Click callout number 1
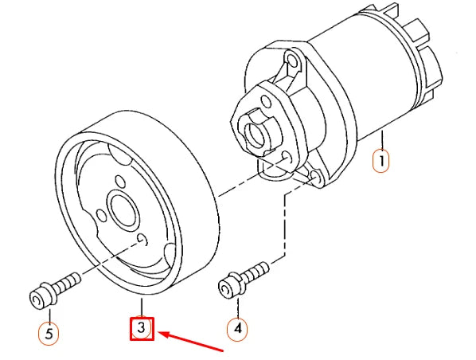coord(382,162)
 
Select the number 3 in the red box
coord(141,328)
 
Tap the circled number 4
coord(236,327)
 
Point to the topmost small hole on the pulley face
coord(119,182)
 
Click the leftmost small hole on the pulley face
coord(100,215)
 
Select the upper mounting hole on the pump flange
coord(292,62)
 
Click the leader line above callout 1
coord(383,140)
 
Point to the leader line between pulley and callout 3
coord(141,307)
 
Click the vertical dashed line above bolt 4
coord(283,223)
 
